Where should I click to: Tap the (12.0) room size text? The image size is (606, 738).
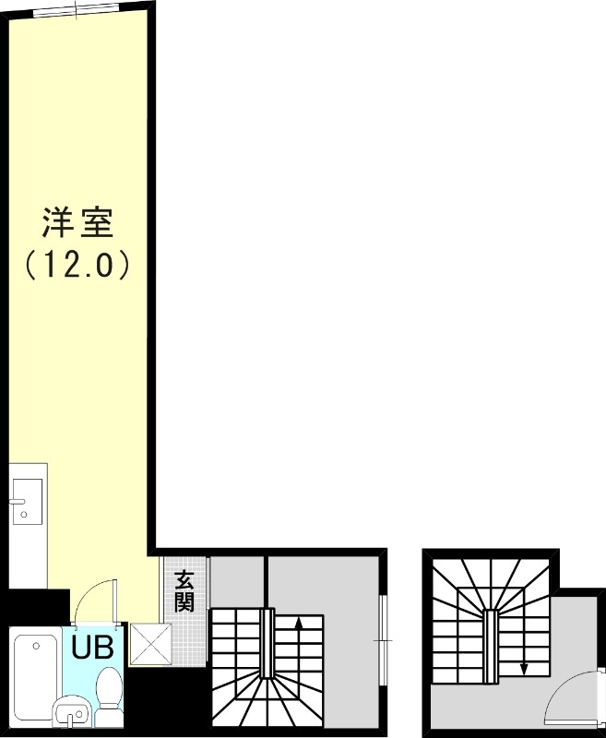click(77, 266)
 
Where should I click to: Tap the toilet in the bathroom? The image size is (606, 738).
click(109, 690)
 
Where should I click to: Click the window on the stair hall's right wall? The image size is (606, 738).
click(383, 619)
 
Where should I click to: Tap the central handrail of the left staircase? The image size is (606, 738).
click(267, 643)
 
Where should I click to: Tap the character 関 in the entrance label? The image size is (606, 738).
click(184, 602)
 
